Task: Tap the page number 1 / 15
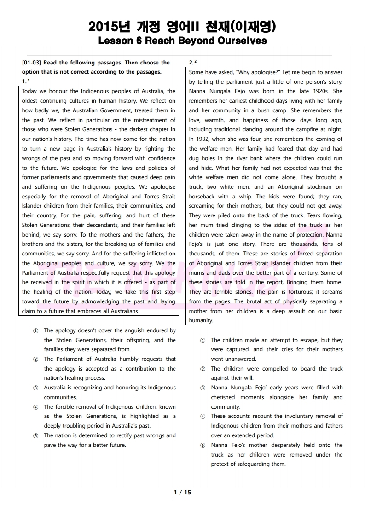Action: (x=182, y=492)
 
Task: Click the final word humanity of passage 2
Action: (x=201, y=320)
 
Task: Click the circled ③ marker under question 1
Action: (x=36, y=388)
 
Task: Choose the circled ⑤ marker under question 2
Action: (x=203, y=445)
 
